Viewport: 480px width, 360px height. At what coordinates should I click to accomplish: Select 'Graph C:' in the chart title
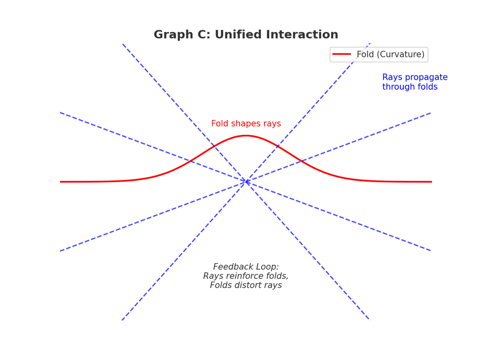[182, 35]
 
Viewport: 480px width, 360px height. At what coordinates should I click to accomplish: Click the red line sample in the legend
[341, 54]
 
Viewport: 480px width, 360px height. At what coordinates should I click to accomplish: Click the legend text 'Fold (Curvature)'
[390, 55]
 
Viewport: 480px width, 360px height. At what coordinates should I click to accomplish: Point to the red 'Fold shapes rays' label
[246, 124]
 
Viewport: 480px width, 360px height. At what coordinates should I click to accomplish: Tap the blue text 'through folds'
[409, 87]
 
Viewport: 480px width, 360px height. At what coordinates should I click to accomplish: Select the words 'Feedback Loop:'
[246, 267]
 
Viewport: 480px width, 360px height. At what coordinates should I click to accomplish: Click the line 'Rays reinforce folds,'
[246, 276]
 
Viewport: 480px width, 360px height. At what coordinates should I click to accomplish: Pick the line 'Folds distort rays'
[246, 285]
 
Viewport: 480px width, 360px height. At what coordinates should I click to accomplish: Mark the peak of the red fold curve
[246, 136]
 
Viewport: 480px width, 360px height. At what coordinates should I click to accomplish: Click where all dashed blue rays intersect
[246, 182]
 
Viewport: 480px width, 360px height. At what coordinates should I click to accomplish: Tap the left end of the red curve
[61, 182]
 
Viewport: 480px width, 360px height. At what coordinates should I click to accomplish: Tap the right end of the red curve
[431, 182]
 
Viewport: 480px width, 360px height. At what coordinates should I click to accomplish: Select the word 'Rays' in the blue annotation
[392, 78]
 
